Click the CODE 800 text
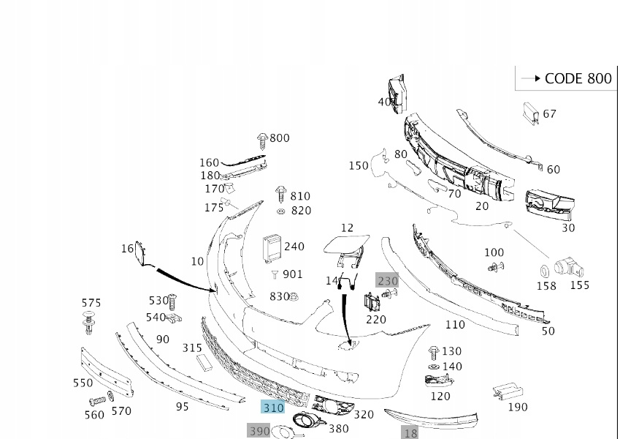click(x=578, y=79)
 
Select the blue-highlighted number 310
click(x=274, y=408)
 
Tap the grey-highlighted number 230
click(x=388, y=280)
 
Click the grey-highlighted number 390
click(x=259, y=431)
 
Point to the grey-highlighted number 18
click(x=410, y=432)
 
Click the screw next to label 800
click(x=262, y=140)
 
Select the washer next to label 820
click(x=281, y=211)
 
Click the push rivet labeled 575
click(x=90, y=322)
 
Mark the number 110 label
click(x=454, y=325)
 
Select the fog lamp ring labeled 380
click(x=305, y=421)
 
